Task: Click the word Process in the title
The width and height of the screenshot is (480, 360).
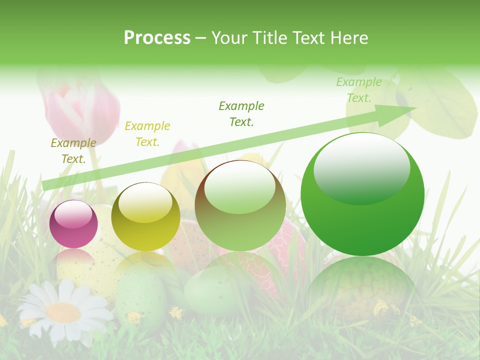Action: point(157,38)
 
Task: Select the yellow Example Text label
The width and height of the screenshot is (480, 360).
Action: point(147,134)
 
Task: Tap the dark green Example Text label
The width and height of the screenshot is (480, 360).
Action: point(241,113)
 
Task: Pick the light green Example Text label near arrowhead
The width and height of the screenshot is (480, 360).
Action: point(358,90)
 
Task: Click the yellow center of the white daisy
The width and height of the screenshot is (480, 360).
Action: point(63,312)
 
